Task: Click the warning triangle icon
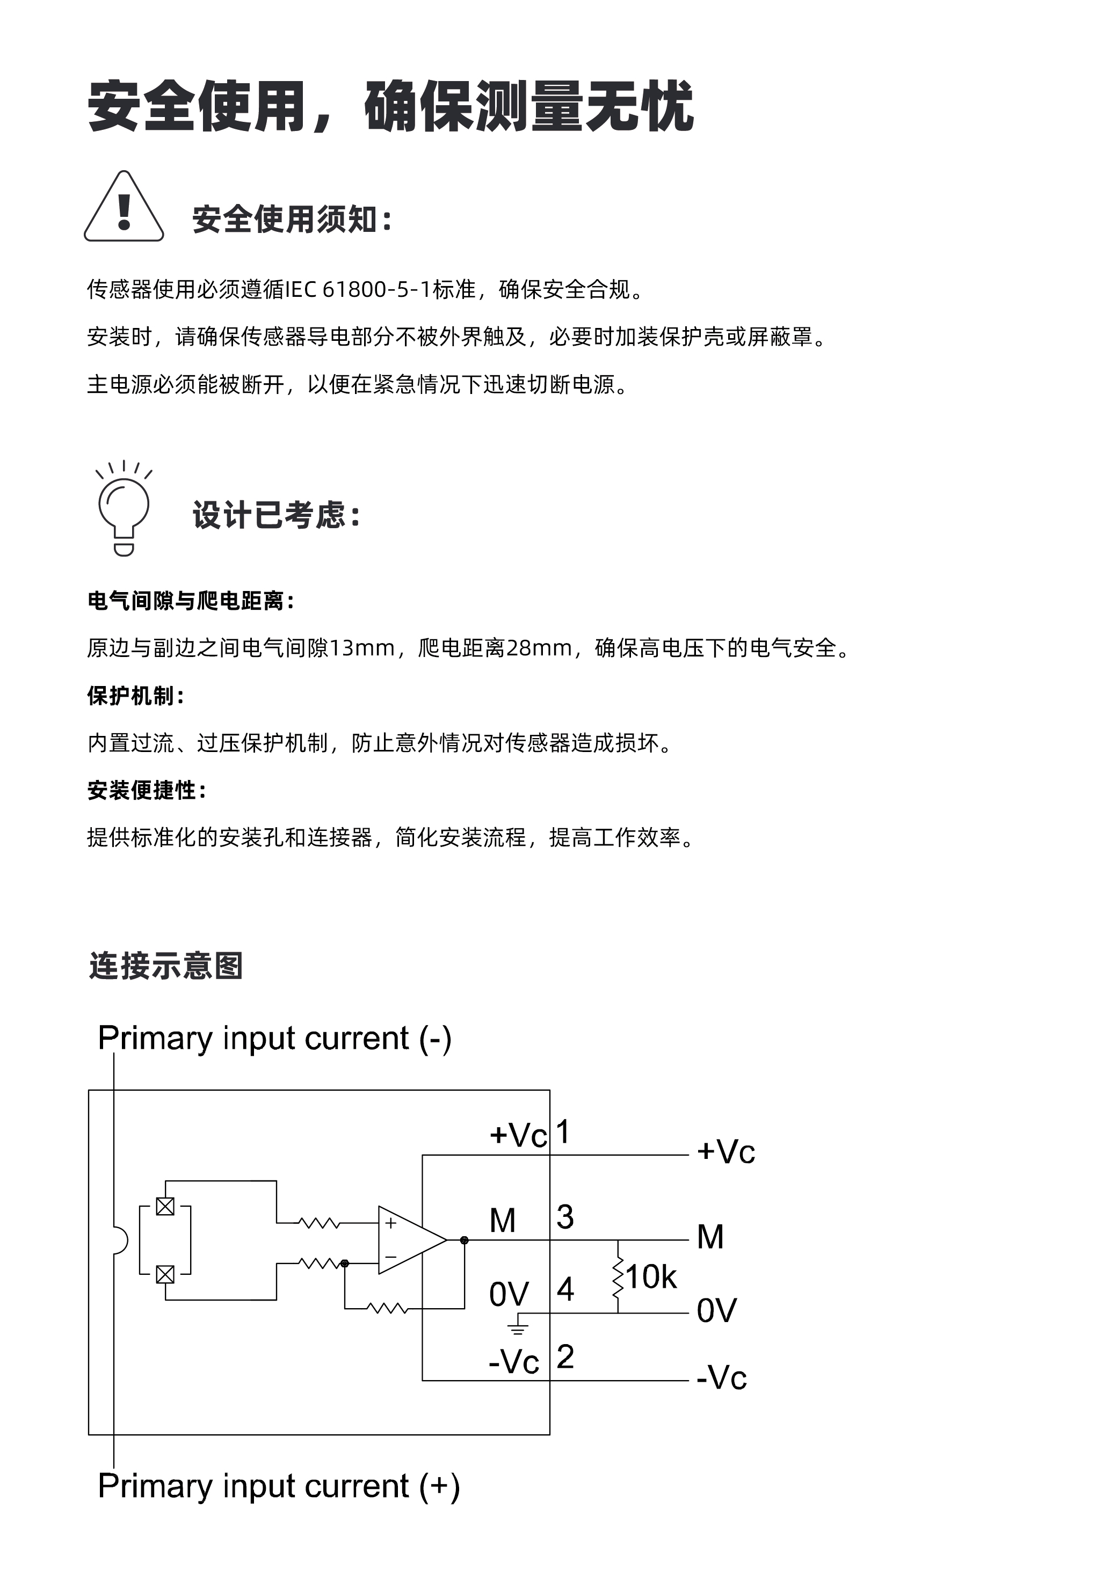coord(124,207)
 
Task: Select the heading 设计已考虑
coord(276,515)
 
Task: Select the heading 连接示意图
coord(166,966)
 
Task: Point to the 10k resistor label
coord(651,1276)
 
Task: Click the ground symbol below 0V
coord(517,1329)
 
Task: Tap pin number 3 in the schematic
coord(564,1217)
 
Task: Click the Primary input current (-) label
coord(274,1038)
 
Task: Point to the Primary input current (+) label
coord(278,1486)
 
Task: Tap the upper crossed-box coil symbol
coord(165,1207)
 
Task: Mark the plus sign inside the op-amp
coord(391,1223)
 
